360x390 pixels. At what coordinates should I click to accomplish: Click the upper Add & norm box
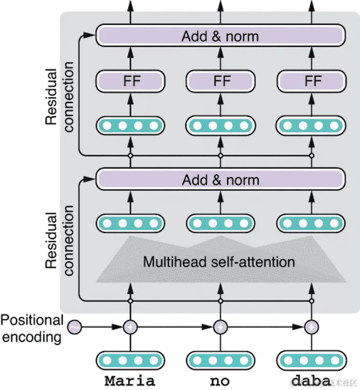pyautogui.click(x=220, y=36)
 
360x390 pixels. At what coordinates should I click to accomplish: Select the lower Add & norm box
pyautogui.click(x=220, y=180)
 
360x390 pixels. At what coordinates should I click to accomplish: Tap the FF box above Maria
pyautogui.click(x=130, y=81)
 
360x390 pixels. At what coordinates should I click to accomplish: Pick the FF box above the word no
pyautogui.click(x=221, y=81)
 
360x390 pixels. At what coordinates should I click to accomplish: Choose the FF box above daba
pyautogui.click(x=311, y=81)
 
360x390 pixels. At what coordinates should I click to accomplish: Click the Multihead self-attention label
pyautogui.click(x=219, y=261)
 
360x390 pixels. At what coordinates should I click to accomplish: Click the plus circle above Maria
pyautogui.click(x=130, y=327)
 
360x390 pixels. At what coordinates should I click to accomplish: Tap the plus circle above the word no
pyautogui.click(x=220, y=327)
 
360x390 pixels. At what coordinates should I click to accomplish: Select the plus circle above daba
pyautogui.click(x=311, y=327)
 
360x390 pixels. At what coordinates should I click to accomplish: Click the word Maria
pyautogui.click(x=129, y=379)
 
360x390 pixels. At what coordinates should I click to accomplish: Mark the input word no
pyautogui.click(x=220, y=380)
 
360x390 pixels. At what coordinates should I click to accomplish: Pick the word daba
pyautogui.click(x=310, y=379)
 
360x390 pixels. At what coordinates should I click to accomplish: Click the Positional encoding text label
pyautogui.click(x=31, y=329)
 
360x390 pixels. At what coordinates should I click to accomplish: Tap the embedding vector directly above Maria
pyautogui.click(x=130, y=360)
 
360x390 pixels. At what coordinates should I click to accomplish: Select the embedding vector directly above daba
pyautogui.click(x=311, y=360)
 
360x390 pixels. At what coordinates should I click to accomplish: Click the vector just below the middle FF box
pyautogui.click(x=221, y=126)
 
